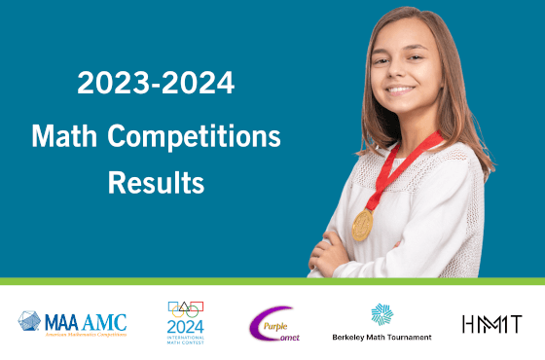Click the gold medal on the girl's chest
363,224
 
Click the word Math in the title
63,136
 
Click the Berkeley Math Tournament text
382,338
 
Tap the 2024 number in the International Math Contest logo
184,326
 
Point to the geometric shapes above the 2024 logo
185,308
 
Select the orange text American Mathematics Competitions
86,334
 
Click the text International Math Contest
184,341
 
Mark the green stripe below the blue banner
272,281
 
